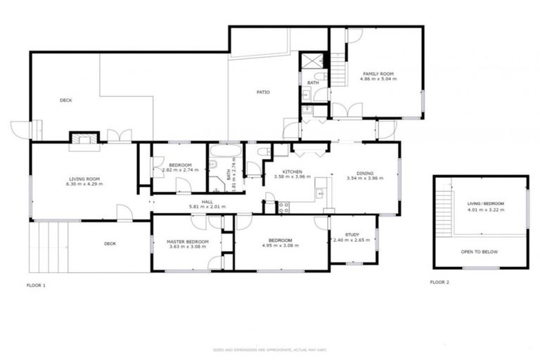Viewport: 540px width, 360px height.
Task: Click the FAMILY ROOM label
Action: [378, 74]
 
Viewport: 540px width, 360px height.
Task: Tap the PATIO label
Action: [262, 92]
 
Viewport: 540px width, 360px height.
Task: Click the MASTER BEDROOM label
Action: [187, 241]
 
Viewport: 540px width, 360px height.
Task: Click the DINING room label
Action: [364, 173]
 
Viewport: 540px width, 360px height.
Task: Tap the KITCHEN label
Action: [292, 172]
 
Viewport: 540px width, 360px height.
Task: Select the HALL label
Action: [207, 202]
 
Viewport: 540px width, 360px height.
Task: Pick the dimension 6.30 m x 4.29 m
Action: [84, 184]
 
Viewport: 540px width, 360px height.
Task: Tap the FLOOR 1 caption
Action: [36, 285]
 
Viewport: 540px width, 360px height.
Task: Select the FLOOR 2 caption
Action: [440, 282]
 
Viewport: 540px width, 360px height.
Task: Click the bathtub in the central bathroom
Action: [224, 151]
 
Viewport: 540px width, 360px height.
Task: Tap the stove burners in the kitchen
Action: [284, 207]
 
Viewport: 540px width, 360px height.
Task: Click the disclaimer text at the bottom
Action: [269, 350]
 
